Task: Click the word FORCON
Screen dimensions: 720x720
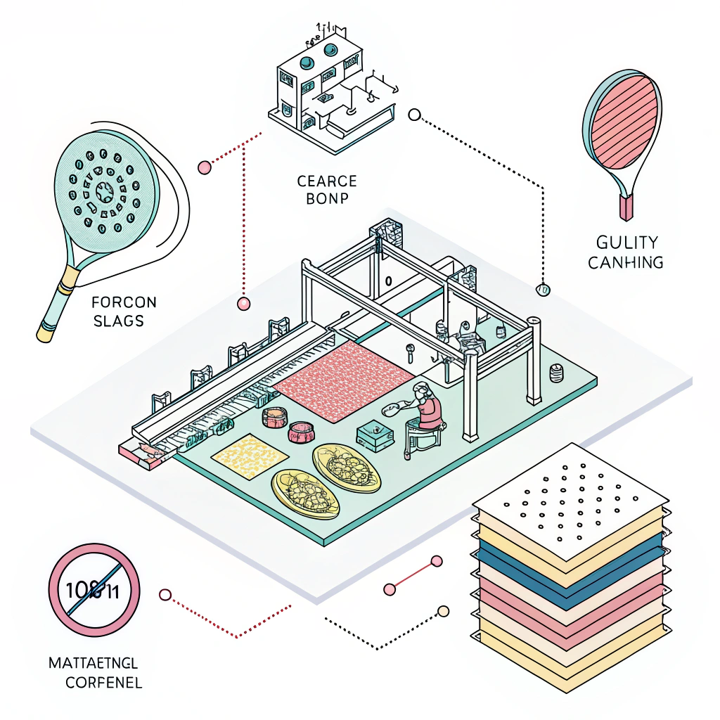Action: (x=124, y=304)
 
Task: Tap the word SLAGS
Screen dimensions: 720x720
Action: (x=118, y=321)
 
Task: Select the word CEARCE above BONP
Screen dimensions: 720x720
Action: (x=327, y=181)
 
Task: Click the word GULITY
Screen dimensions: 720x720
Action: (x=626, y=243)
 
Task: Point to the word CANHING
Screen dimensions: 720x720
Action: (x=625, y=262)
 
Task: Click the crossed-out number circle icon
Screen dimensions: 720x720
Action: (x=94, y=589)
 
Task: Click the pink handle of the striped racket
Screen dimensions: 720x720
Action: (x=626, y=207)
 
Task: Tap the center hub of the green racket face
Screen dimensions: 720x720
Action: (x=103, y=190)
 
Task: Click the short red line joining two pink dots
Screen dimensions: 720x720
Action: (x=413, y=574)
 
